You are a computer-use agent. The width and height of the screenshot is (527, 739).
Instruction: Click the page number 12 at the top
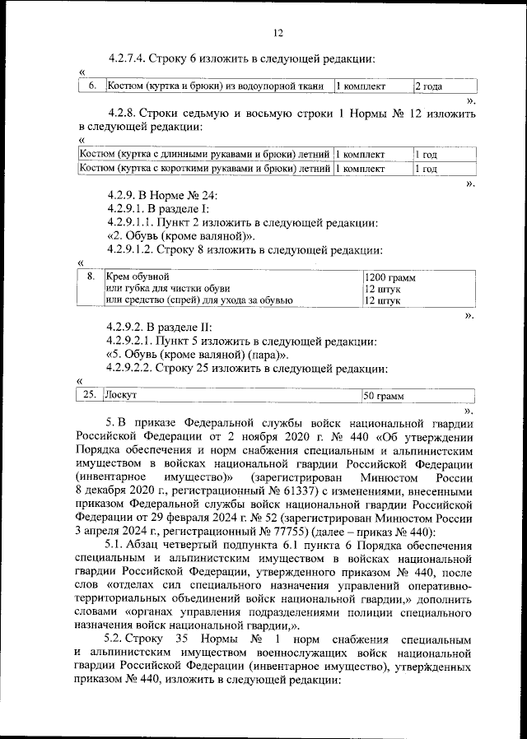point(277,32)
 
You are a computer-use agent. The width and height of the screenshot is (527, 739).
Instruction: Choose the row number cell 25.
point(90,396)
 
